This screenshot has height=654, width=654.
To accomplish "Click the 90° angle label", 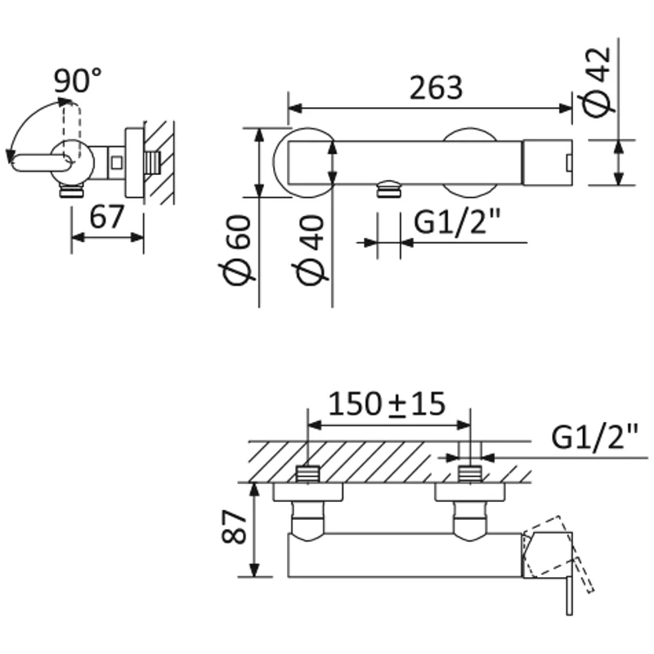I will [78, 81].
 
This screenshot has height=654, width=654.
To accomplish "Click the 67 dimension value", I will [106, 217].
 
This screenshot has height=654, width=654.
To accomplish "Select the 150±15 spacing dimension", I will [386, 403].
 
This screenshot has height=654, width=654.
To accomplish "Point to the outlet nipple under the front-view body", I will [388, 190].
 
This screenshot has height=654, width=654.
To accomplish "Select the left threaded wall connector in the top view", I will [307, 473].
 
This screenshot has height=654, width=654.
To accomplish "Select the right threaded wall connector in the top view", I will [470, 473].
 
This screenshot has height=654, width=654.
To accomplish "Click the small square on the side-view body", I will [117, 161].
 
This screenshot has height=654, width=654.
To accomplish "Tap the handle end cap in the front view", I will [547, 159].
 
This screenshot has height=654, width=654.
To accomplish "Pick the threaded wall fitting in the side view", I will [151, 161].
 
